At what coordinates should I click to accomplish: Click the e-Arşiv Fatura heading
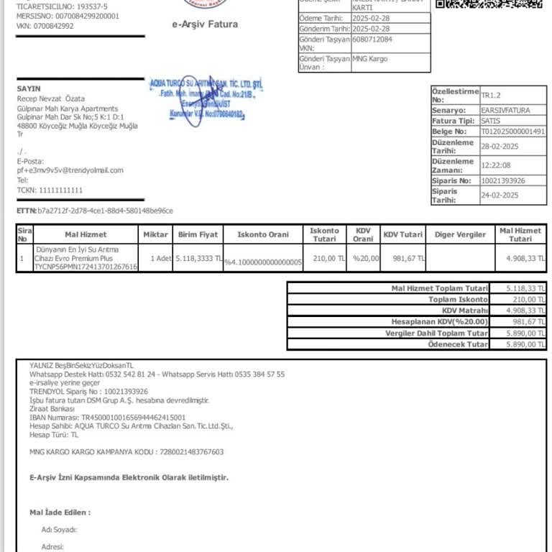(x=204, y=24)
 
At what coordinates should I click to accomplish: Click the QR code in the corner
(x=489, y=4)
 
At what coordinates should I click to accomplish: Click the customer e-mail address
(x=70, y=170)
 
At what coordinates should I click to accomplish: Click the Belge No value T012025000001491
(x=513, y=132)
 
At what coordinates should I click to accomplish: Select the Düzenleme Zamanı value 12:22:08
(x=496, y=165)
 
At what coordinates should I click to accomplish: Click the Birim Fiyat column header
(x=198, y=234)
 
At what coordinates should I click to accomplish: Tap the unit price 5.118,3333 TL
(x=198, y=258)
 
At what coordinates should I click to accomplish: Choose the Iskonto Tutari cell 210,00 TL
(x=324, y=258)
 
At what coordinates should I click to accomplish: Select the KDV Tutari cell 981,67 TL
(x=403, y=258)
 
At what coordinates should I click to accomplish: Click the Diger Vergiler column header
(x=460, y=234)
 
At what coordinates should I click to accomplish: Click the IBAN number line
(x=107, y=417)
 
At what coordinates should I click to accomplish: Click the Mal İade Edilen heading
(x=60, y=512)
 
